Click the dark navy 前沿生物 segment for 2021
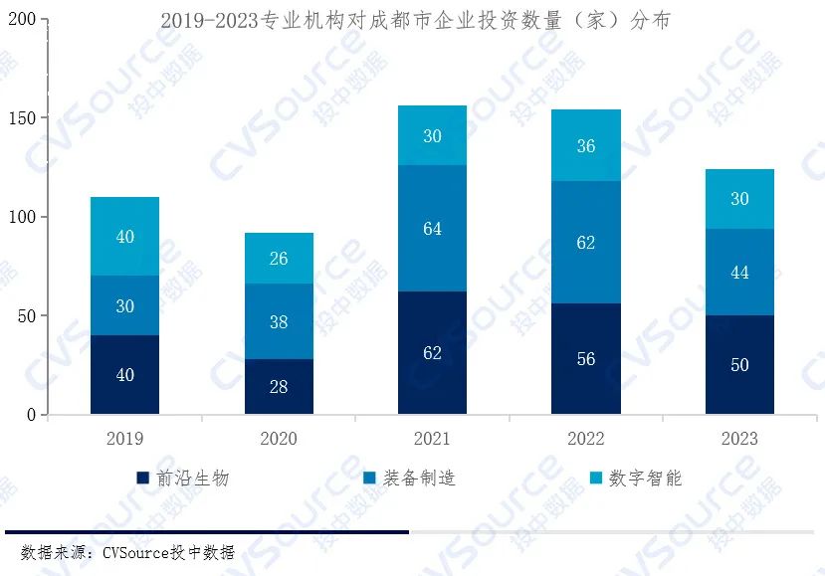[432, 353]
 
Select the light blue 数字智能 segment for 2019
[124, 237]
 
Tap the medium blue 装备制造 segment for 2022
[586, 242]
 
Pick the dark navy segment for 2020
[279, 386]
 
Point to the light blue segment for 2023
[739, 199]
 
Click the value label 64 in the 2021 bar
[432, 229]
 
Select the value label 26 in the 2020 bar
[279, 259]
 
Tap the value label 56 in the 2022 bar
[586, 359]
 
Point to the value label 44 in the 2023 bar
[739, 273]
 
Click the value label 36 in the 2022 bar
[586, 146]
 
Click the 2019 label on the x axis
[124, 439]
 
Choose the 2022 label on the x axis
[586, 439]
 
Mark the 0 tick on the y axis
[32, 415]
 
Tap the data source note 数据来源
[127, 553]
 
